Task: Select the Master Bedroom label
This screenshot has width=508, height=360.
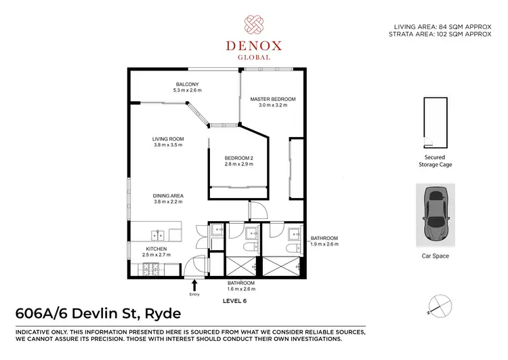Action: pos(269,99)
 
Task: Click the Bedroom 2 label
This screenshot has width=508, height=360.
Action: pos(239,159)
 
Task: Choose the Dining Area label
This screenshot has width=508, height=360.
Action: pos(169,196)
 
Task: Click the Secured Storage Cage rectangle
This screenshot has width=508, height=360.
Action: pos(434,122)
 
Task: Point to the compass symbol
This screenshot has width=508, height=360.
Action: pos(440,306)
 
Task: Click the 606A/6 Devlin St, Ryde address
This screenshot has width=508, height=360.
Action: pos(98,314)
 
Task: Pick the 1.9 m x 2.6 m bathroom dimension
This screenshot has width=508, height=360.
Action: pos(324,244)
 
